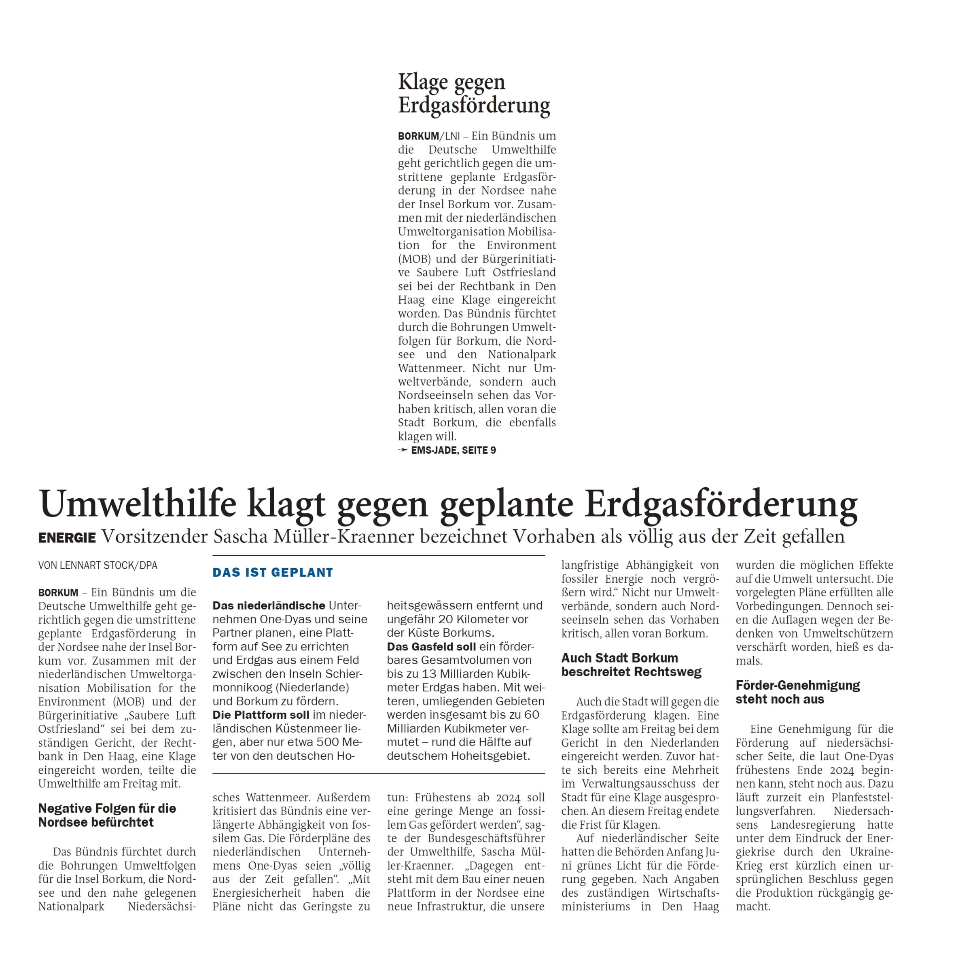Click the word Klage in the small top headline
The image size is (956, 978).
[423, 82]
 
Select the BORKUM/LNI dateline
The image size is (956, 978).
[429, 136]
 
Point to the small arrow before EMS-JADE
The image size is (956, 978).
[403, 450]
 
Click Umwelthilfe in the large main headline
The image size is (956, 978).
[138, 504]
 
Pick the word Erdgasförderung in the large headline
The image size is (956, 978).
[721, 504]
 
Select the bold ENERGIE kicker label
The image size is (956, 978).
[67, 538]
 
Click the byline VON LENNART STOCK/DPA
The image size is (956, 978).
[98, 565]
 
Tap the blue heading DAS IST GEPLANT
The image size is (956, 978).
[273, 573]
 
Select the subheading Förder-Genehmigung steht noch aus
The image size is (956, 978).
[797, 692]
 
